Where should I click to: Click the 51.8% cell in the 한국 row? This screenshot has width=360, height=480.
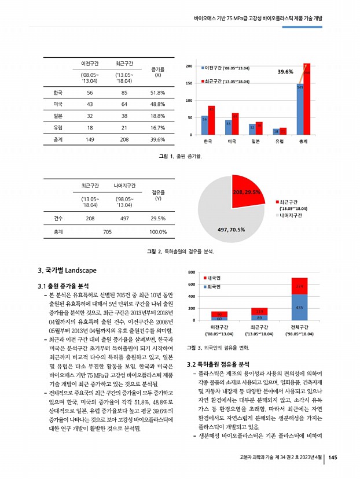(158, 93)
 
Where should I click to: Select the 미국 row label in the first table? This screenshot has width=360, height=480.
(57, 104)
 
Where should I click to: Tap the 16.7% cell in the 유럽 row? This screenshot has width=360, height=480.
(158, 127)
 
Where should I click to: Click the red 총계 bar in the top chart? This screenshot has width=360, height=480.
(307, 98)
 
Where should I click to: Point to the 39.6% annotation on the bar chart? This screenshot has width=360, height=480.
(285, 72)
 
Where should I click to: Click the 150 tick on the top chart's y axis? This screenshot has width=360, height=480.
(189, 84)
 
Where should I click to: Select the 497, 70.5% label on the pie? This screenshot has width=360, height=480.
(231, 230)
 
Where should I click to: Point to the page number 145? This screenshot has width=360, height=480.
(332, 459)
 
